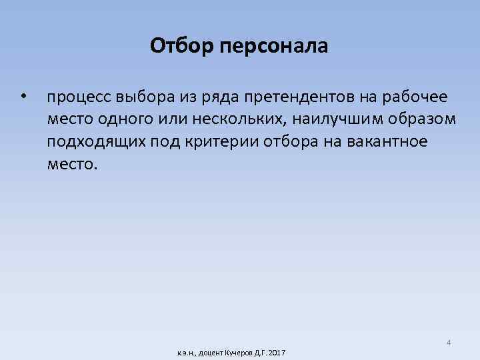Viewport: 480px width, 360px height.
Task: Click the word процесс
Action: pyautogui.click(x=79, y=98)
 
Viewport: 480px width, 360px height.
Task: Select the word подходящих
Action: pyautogui.click(x=91, y=143)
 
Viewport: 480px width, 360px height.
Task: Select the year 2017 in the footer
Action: pyautogui.click(x=277, y=352)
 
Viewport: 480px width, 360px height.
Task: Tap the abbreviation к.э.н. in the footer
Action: pyautogui.click(x=185, y=352)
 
